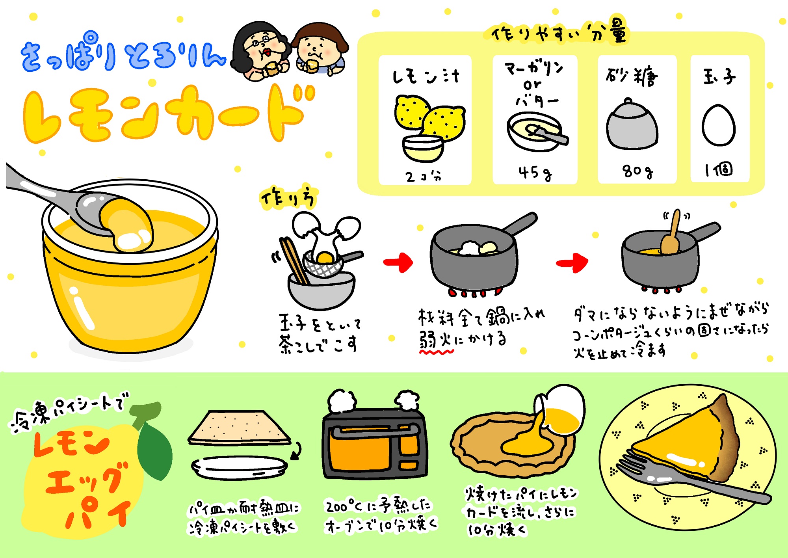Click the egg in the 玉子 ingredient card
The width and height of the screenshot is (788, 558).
pyautogui.click(x=718, y=125)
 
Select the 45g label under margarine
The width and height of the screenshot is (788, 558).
pyautogui.click(x=535, y=173)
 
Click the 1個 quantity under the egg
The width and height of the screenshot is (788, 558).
pyautogui.click(x=718, y=170)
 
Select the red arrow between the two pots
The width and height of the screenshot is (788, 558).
pyautogui.click(x=572, y=263)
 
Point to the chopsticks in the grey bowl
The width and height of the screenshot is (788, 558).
pyautogui.click(x=294, y=260)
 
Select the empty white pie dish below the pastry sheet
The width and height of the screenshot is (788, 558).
pyautogui.click(x=240, y=468)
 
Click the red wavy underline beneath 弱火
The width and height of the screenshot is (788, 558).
pyautogui.click(x=437, y=352)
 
